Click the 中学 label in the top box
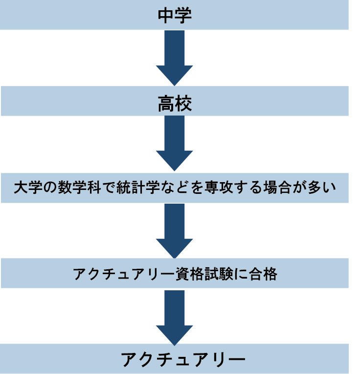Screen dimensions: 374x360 (175, 15)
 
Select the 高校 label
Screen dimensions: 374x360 (175, 104)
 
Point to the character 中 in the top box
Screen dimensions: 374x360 (166, 15)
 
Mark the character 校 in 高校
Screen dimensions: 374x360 (183, 104)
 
